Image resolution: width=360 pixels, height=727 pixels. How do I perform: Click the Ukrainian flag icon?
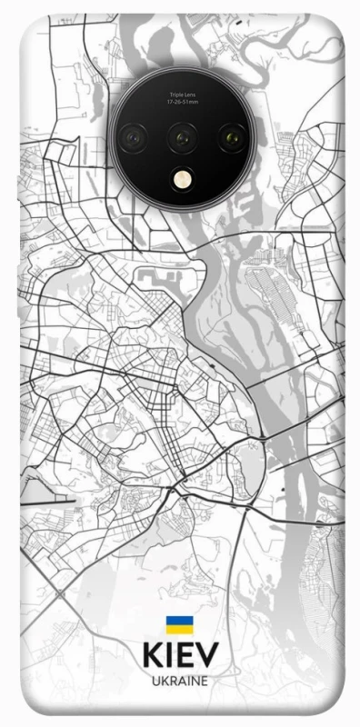pyautogui.click(x=179, y=624)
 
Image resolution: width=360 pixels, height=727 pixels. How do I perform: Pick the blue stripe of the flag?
pyautogui.click(x=179, y=621)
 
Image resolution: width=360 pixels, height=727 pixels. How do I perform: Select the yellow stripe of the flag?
pyautogui.click(x=179, y=629)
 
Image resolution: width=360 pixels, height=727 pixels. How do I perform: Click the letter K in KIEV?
pyautogui.click(x=152, y=656)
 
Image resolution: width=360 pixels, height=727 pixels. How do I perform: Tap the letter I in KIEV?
pyautogui.click(x=170, y=656)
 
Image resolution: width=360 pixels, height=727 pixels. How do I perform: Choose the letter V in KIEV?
pyautogui.click(x=206, y=656)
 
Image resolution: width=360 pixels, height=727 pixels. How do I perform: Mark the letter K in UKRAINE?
pyautogui.click(x=162, y=680)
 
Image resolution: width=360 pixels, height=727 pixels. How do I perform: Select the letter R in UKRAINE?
pyautogui.click(x=171, y=680)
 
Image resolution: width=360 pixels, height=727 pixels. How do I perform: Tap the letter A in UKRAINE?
pyautogui.click(x=180, y=680)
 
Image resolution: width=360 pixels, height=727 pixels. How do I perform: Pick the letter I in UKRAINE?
pyautogui.click(x=187, y=680)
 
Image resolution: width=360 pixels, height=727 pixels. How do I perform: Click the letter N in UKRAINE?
pyautogui.click(x=195, y=680)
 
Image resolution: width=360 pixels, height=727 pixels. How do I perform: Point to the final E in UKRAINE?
pyautogui.click(x=205, y=680)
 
